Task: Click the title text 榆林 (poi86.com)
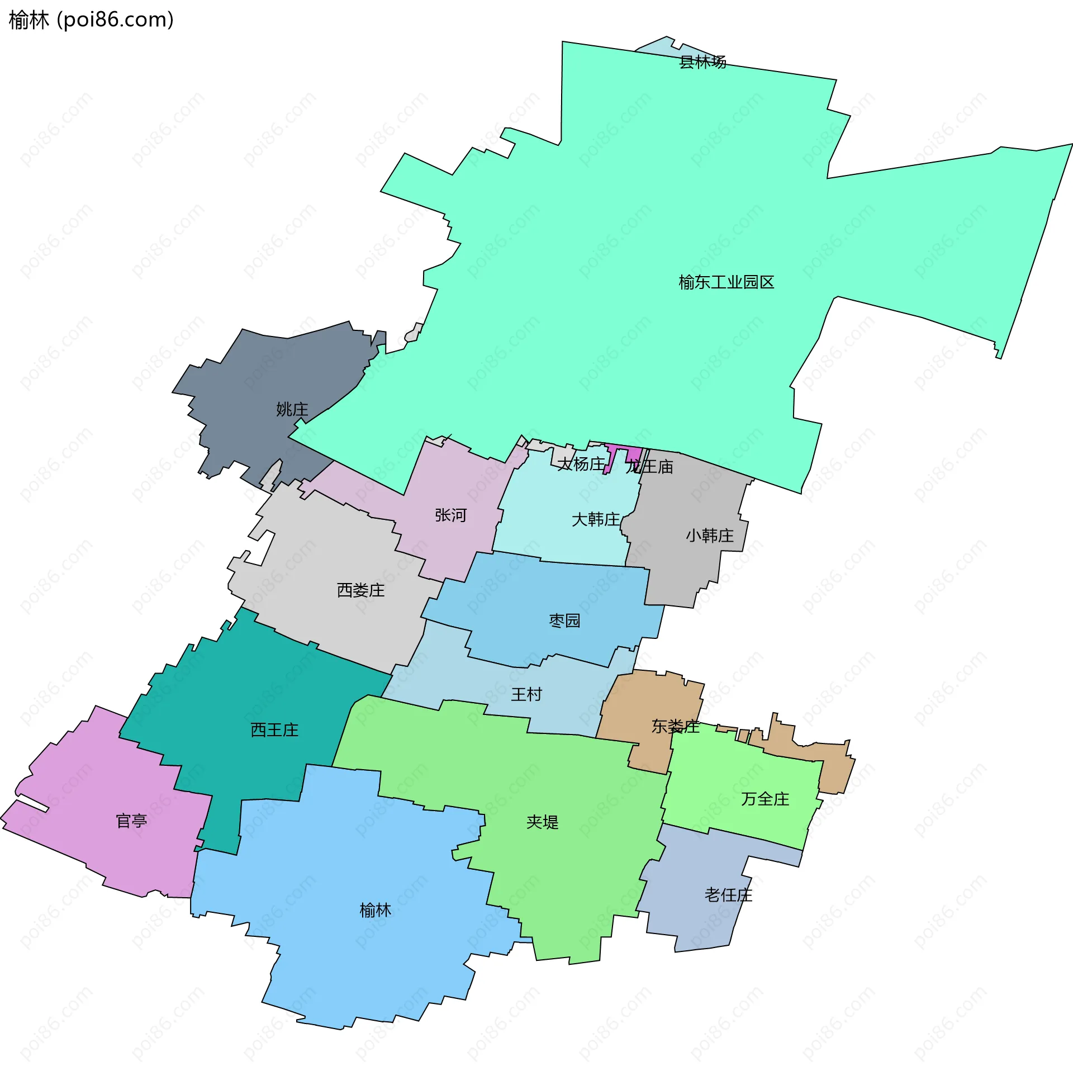(91, 20)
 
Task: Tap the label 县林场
(702, 61)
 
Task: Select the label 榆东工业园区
(726, 282)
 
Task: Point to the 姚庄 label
(292, 409)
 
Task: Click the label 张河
(450, 515)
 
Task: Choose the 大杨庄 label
(582, 464)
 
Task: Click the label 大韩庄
(596, 519)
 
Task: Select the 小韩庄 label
(710, 536)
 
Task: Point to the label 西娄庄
(360, 590)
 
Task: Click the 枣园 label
(564, 620)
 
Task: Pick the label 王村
(526, 694)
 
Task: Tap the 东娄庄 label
(675, 726)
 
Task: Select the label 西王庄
(274, 729)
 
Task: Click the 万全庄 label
(765, 799)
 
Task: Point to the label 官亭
(131, 821)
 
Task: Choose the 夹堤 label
(542, 822)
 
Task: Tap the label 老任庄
(728, 895)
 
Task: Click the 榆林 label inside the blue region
(375, 910)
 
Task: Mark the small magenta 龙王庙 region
(634, 454)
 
